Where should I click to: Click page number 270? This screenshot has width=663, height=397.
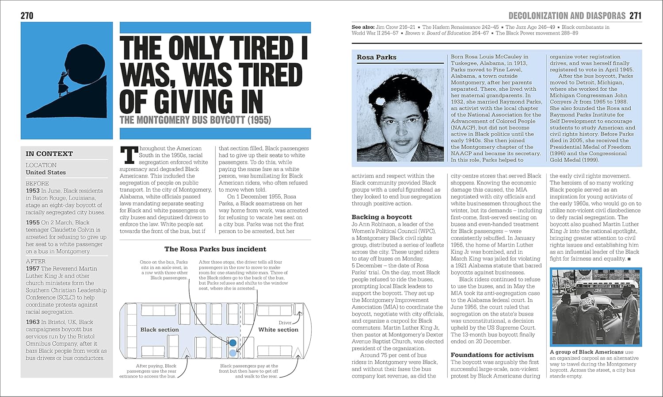pos(27,16)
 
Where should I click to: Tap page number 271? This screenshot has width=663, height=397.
pos(635,16)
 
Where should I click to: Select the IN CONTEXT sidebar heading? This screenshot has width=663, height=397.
pos(49,154)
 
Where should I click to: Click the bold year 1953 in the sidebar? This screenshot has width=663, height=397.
pos(33,191)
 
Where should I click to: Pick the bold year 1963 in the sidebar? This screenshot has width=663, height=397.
pos(33,322)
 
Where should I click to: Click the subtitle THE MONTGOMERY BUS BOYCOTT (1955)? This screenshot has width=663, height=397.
pos(195,120)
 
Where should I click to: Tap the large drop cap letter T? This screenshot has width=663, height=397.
pos(129,155)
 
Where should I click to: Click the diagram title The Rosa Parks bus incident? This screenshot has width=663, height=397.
pos(215,249)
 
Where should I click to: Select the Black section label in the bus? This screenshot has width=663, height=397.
pos(160,330)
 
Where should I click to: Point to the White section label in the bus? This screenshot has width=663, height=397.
pos(278,330)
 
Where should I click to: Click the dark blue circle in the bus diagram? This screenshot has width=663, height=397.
pos(233,343)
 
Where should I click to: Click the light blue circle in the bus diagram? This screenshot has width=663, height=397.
pos(233,353)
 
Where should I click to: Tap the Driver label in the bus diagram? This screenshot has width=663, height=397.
pos(285,323)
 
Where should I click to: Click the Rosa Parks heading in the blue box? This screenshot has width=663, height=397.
pos(377,57)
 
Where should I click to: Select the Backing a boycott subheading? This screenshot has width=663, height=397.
pos(381,217)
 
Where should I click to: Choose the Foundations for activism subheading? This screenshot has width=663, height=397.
pos(492,355)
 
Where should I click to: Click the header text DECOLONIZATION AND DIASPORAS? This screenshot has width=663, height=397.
pos(567,16)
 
